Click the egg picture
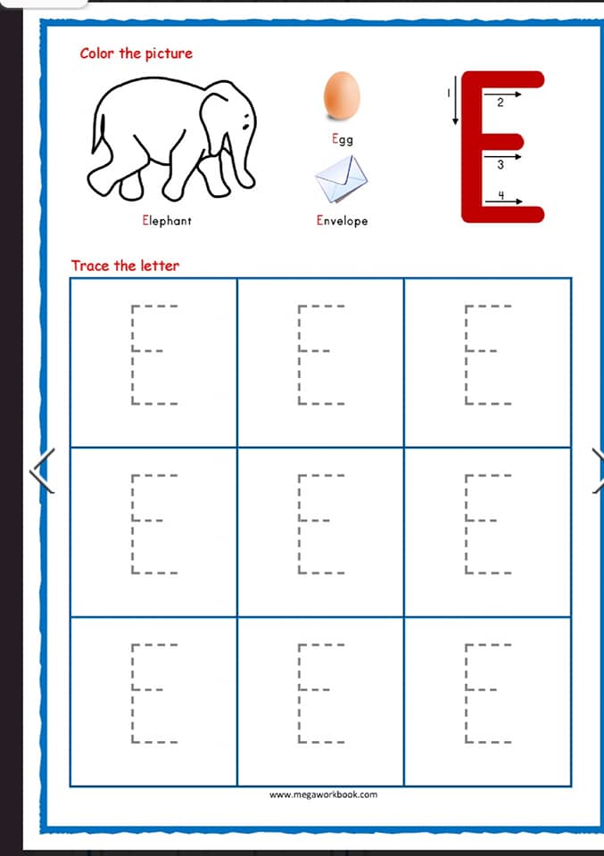[342, 96]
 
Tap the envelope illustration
[342, 179]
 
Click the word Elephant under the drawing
[167, 220]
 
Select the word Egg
[343, 139]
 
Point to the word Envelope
[342, 220]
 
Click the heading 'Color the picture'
[136, 53]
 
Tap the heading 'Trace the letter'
[125, 266]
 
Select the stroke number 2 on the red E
[501, 103]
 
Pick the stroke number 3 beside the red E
[501, 165]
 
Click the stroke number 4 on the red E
[501, 195]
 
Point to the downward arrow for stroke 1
[455, 101]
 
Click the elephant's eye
[246, 127]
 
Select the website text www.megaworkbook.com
[323, 794]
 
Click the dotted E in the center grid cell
[299, 524]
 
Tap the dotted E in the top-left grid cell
[132, 355]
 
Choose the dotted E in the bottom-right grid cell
[467, 694]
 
